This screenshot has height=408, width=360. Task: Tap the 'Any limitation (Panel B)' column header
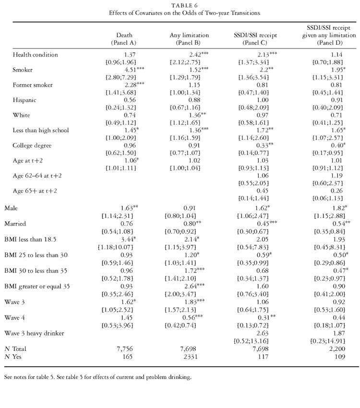click(x=185, y=39)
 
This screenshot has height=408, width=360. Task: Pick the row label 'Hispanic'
click(x=26, y=100)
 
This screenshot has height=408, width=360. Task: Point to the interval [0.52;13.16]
click(x=245, y=340)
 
